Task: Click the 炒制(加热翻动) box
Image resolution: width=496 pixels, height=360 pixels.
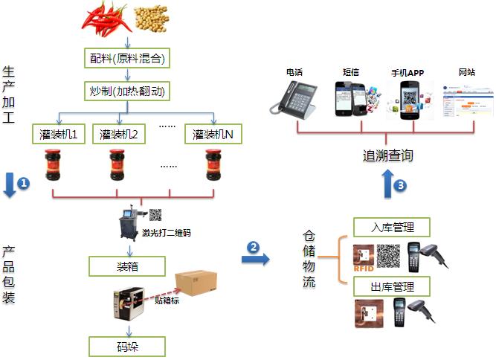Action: (127, 92)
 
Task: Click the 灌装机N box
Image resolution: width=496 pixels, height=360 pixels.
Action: (214, 135)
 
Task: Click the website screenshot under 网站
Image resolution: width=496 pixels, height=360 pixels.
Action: (467, 100)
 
